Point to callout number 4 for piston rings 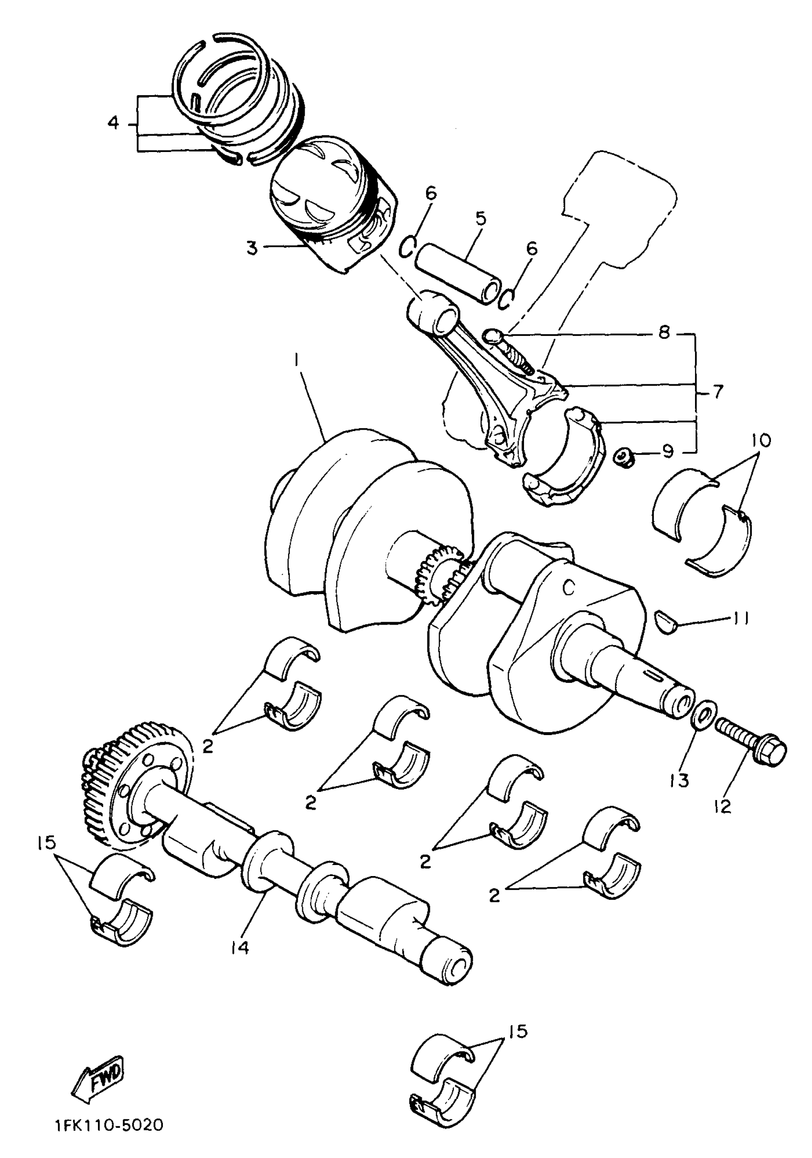pos(113,122)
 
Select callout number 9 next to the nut pos(667,451)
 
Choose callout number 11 pos(737,618)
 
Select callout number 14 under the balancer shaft pos(240,948)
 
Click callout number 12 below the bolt pos(723,806)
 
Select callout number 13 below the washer pos(679,780)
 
